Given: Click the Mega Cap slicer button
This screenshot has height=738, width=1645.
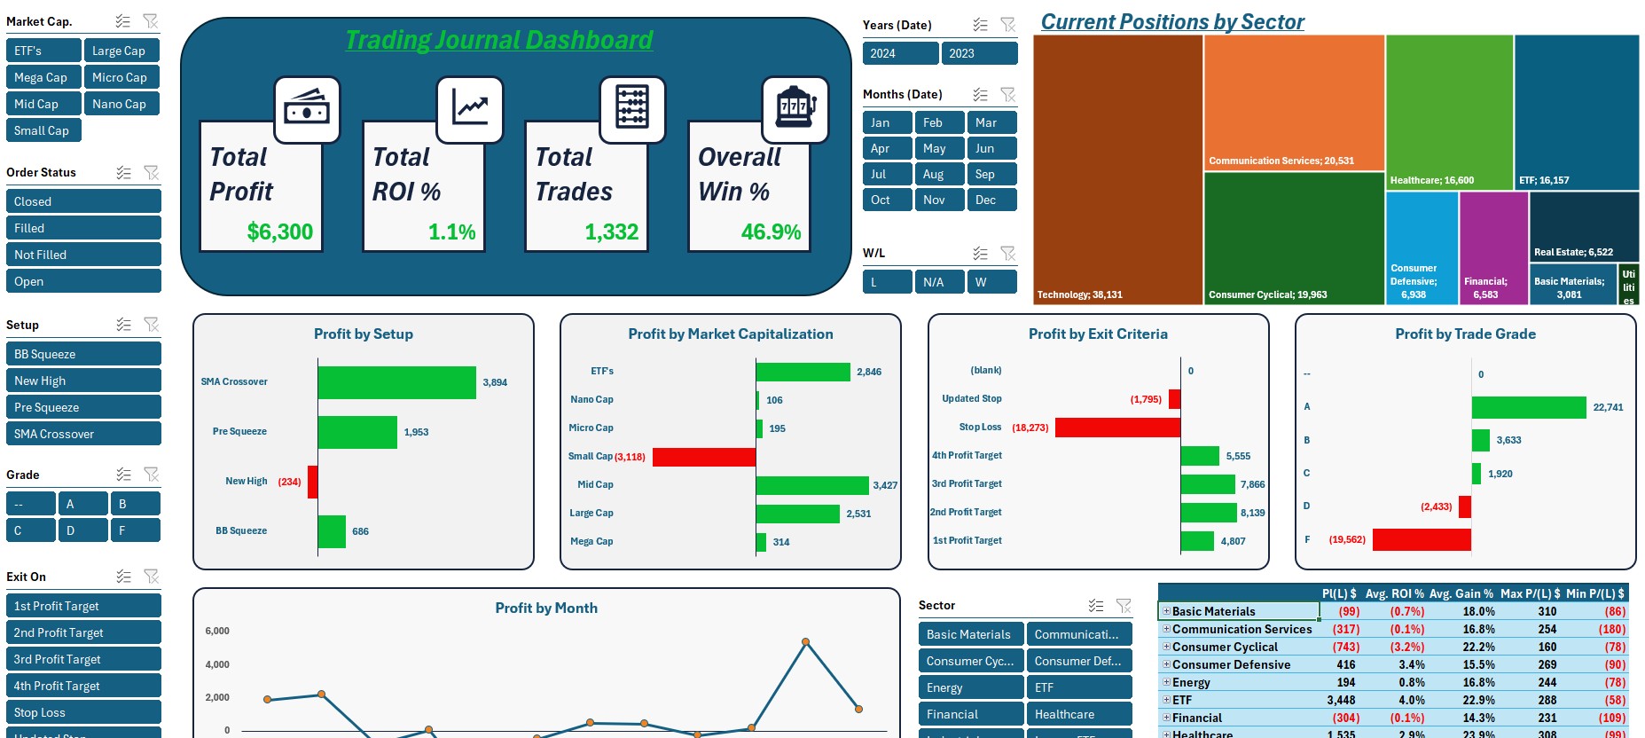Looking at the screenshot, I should pyautogui.click(x=43, y=77).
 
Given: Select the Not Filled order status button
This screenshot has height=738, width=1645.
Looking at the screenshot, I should pyautogui.click(x=83, y=255).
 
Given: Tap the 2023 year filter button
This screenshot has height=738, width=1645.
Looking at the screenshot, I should pyautogui.click(x=979, y=53).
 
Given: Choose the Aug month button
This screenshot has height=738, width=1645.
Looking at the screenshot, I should pyautogui.click(x=938, y=174).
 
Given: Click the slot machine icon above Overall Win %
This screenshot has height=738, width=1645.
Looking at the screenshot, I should pyautogui.click(x=795, y=110).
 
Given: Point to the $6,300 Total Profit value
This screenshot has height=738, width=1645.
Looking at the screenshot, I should pyautogui.click(x=279, y=232).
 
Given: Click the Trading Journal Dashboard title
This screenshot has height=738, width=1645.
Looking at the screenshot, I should pyautogui.click(x=498, y=40).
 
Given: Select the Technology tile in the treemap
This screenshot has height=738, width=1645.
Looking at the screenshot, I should pyautogui.click(x=1117, y=169).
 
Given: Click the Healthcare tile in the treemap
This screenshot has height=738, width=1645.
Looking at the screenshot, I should pyautogui.click(x=1449, y=111).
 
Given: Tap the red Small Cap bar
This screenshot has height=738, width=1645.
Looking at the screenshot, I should pyautogui.click(x=704, y=457).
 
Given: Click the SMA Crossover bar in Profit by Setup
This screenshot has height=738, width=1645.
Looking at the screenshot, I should pyautogui.click(x=396, y=382).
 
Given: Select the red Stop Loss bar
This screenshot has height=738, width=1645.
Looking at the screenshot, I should pyautogui.click(x=1117, y=428).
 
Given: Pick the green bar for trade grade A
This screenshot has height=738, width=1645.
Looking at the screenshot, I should pyautogui.click(x=1528, y=407).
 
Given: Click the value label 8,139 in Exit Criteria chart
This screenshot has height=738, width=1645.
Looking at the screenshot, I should pyautogui.click(x=1252, y=513).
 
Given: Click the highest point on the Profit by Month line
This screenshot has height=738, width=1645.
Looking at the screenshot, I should pyautogui.click(x=805, y=641).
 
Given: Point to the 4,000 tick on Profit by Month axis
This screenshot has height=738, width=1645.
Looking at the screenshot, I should pyautogui.click(x=217, y=664).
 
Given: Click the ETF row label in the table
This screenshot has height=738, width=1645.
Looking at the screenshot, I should pyautogui.click(x=1182, y=700).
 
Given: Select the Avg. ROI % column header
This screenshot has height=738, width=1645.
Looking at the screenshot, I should pyautogui.click(x=1394, y=593).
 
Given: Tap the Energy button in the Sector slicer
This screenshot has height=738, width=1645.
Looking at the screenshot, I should pyautogui.click(x=970, y=687).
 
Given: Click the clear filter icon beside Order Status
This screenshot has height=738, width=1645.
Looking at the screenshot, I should pyautogui.click(x=152, y=172).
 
